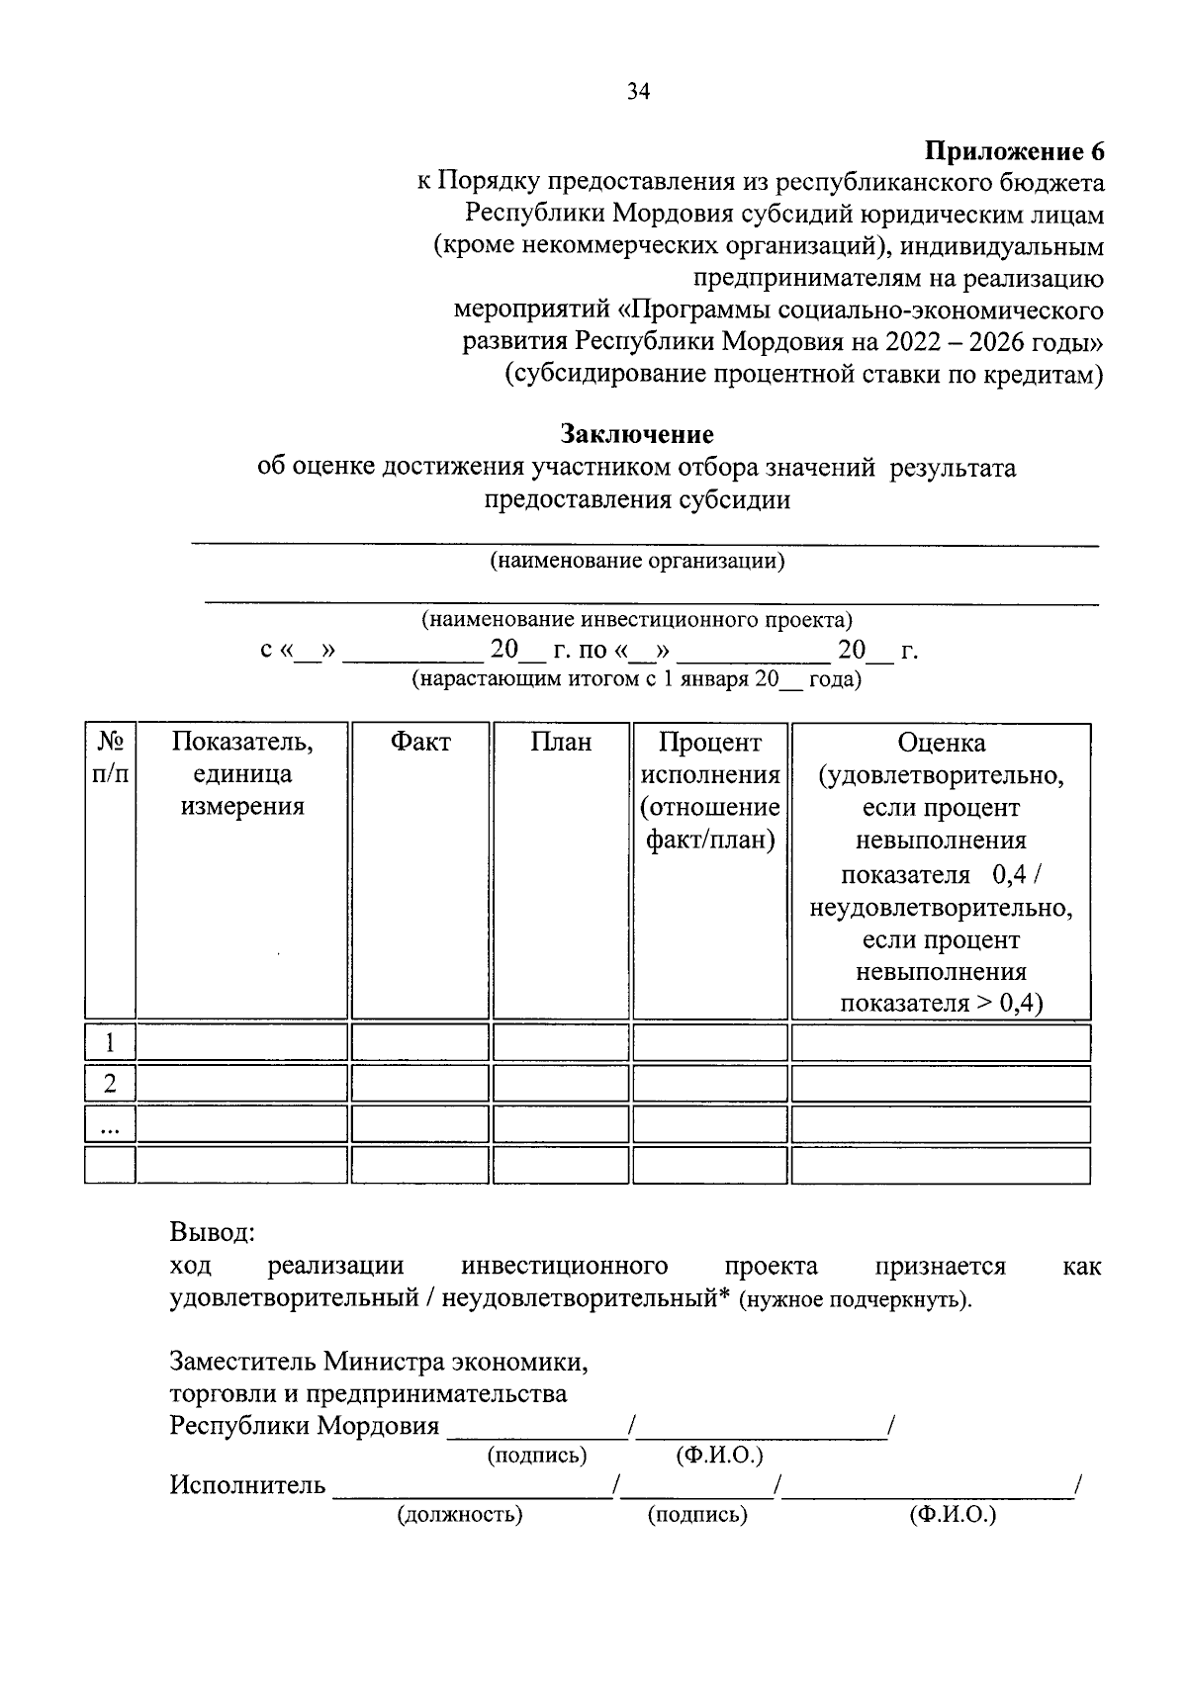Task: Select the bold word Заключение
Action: point(637,434)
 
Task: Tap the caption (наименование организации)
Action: point(637,562)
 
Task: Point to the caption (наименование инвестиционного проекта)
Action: point(637,620)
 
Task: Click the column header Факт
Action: point(419,742)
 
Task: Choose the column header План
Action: point(561,742)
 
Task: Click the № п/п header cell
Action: point(110,757)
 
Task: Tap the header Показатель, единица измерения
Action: point(241,773)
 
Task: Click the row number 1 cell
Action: point(110,1042)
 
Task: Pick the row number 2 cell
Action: point(110,1084)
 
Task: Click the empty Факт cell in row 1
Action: point(419,1042)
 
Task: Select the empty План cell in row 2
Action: point(561,1084)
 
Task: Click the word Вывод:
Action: point(212,1233)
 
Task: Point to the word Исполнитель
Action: point(246,1484)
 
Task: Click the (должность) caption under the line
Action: point(459,1515)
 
